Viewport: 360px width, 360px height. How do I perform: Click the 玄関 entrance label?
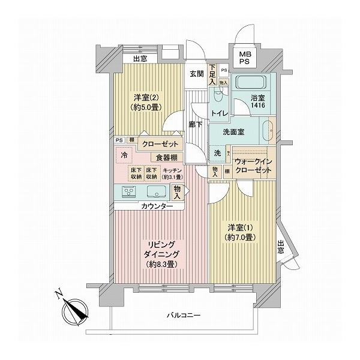[x=197, y=74]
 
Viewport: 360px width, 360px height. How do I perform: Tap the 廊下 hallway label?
[x=194, y=125]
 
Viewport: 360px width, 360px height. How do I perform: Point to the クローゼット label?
[x=158, y=144]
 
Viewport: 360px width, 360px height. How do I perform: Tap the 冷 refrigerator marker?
[x=124, y=155]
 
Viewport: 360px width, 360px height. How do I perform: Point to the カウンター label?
[x=158, y=206]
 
